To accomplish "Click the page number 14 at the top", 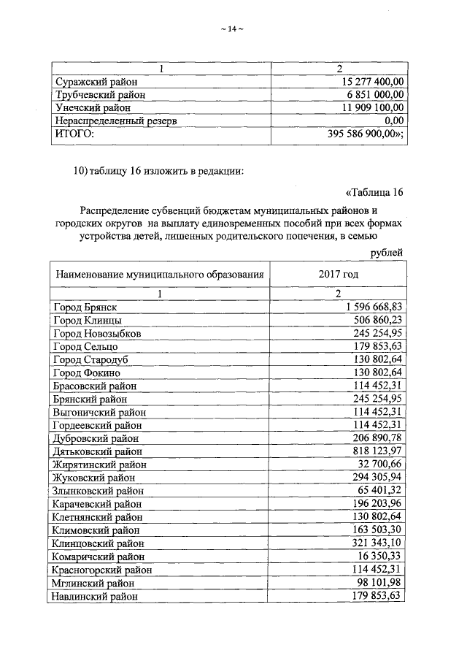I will click(x=231, y=29).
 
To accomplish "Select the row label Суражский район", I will click(x=93, y=82).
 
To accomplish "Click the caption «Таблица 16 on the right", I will click(x=372, y=193).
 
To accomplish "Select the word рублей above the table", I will click(x=386, y=252).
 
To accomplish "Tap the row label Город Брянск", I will click(x=85, y=307).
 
